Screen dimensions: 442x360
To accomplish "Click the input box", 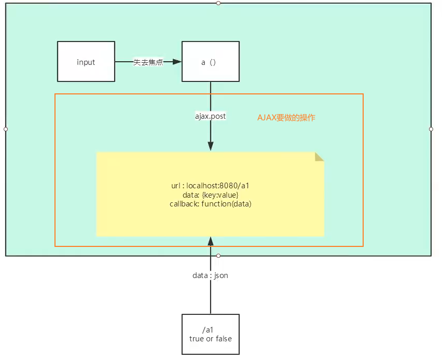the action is (86, 61).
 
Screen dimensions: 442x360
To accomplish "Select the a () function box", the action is (211, 61).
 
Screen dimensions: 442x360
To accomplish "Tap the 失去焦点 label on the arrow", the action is (148, 62).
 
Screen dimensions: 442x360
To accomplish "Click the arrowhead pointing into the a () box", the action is (177, 61).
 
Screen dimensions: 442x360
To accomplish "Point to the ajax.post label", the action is (211, 116).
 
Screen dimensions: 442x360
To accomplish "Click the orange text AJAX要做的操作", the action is (286, 118).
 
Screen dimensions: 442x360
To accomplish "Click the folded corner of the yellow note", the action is (320, 157).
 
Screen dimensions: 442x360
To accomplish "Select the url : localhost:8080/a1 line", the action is (210, 186).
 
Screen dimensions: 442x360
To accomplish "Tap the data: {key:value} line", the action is (210, 195).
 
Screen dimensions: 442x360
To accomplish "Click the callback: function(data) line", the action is (210, 204).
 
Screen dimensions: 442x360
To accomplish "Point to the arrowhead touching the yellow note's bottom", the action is (211, 242).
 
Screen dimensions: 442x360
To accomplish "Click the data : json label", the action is (210, 275).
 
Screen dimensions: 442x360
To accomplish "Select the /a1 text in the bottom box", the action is (208, 329).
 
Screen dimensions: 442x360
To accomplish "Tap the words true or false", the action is (211, 339).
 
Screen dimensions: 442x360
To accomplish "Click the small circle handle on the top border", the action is (218, 3).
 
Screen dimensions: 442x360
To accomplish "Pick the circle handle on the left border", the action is (6, 129).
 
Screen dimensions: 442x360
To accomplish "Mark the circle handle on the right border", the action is (431, 129).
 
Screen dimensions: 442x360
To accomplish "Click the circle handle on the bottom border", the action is (218, 256).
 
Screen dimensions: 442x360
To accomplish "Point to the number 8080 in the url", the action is (228, 186).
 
